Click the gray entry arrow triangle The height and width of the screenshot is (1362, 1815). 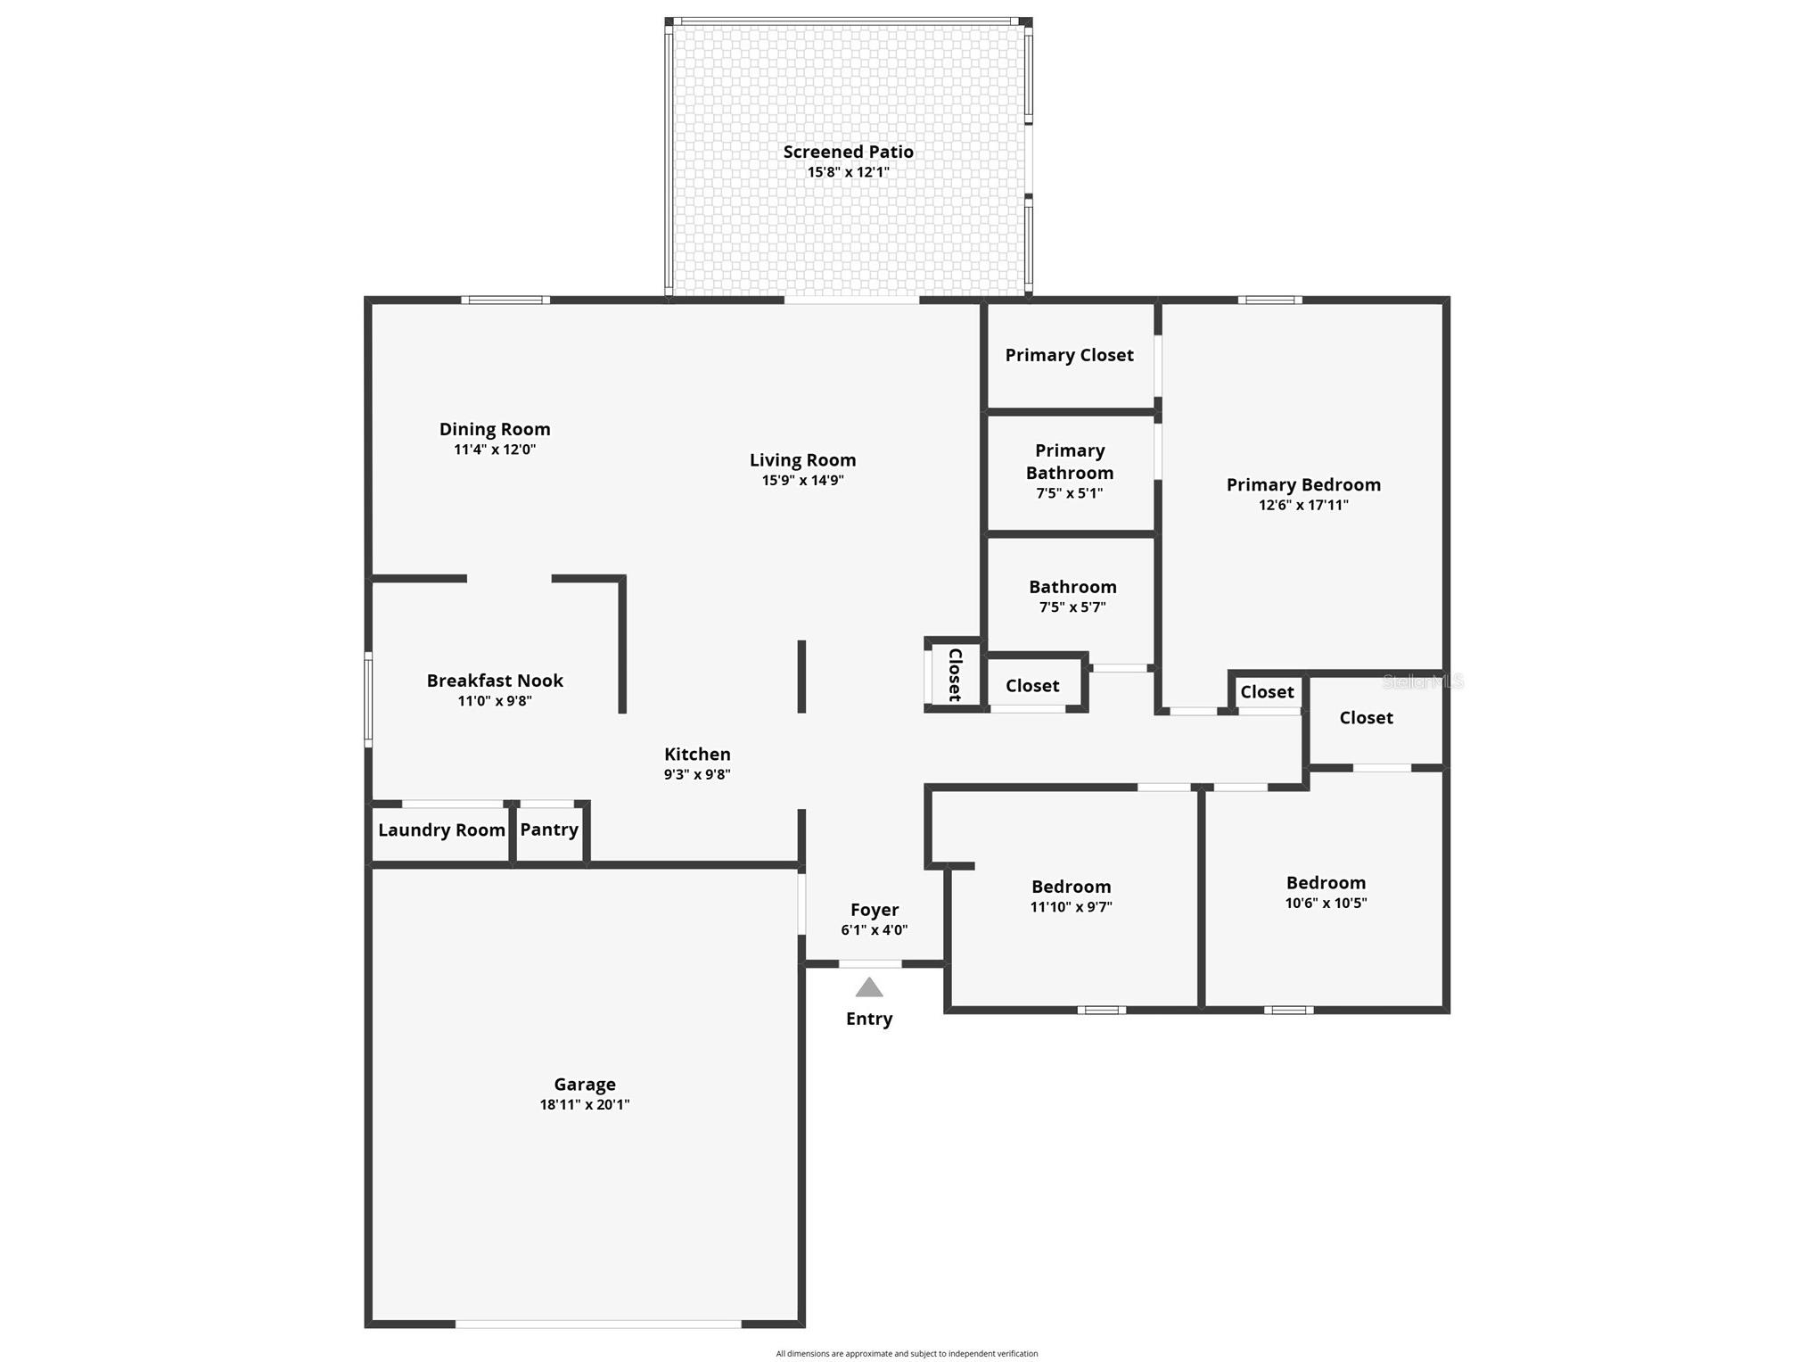[x=869, y=987]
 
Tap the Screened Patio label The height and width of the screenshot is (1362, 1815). [x=848, y=152]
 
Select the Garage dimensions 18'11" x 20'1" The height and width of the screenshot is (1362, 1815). [x=585, y=1104]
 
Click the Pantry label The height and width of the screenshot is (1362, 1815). [x=549, y=830]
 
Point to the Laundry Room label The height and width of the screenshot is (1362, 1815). [x=441, y=830]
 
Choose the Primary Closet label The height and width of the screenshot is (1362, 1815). [x=1069, y=355]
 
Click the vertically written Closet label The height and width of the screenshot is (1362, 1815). [x=955, y=674]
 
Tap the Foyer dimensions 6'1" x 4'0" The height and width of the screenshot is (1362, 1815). [x=874, y=929]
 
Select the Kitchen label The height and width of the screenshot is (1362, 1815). [x=697, y=755]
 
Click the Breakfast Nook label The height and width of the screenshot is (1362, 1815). [x=495, y=681]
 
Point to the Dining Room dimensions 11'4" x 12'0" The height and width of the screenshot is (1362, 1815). [x=495, y=450]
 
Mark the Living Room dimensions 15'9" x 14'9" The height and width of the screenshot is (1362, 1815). [x=802, y=480]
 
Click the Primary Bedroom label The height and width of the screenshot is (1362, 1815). [x=1303, y=484]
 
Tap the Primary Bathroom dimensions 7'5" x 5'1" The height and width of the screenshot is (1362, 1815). [x=1069, y=492]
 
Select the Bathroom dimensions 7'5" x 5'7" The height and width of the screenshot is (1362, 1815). [x=1072, y=607]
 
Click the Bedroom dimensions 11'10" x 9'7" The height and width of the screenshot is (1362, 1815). [x=1071, y=907]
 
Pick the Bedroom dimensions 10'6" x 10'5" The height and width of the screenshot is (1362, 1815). [x=1326, y=903]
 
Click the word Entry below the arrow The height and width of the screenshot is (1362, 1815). [x=869, y=1019]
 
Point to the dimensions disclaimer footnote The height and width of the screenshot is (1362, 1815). [x=907, y=1354]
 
